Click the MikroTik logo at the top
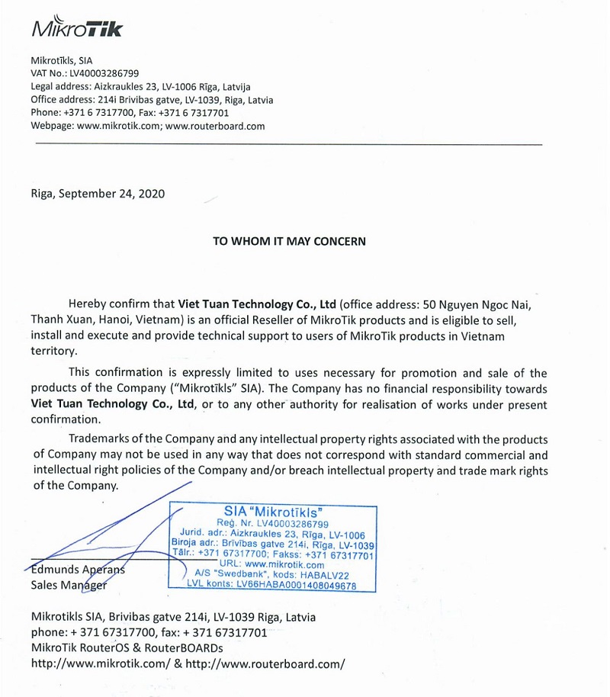click(76, 28)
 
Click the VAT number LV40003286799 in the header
click(104, 73)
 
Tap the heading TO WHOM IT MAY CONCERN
click(289, 241)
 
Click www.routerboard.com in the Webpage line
click(214, 127)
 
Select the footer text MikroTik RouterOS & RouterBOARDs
click(127, 647)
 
